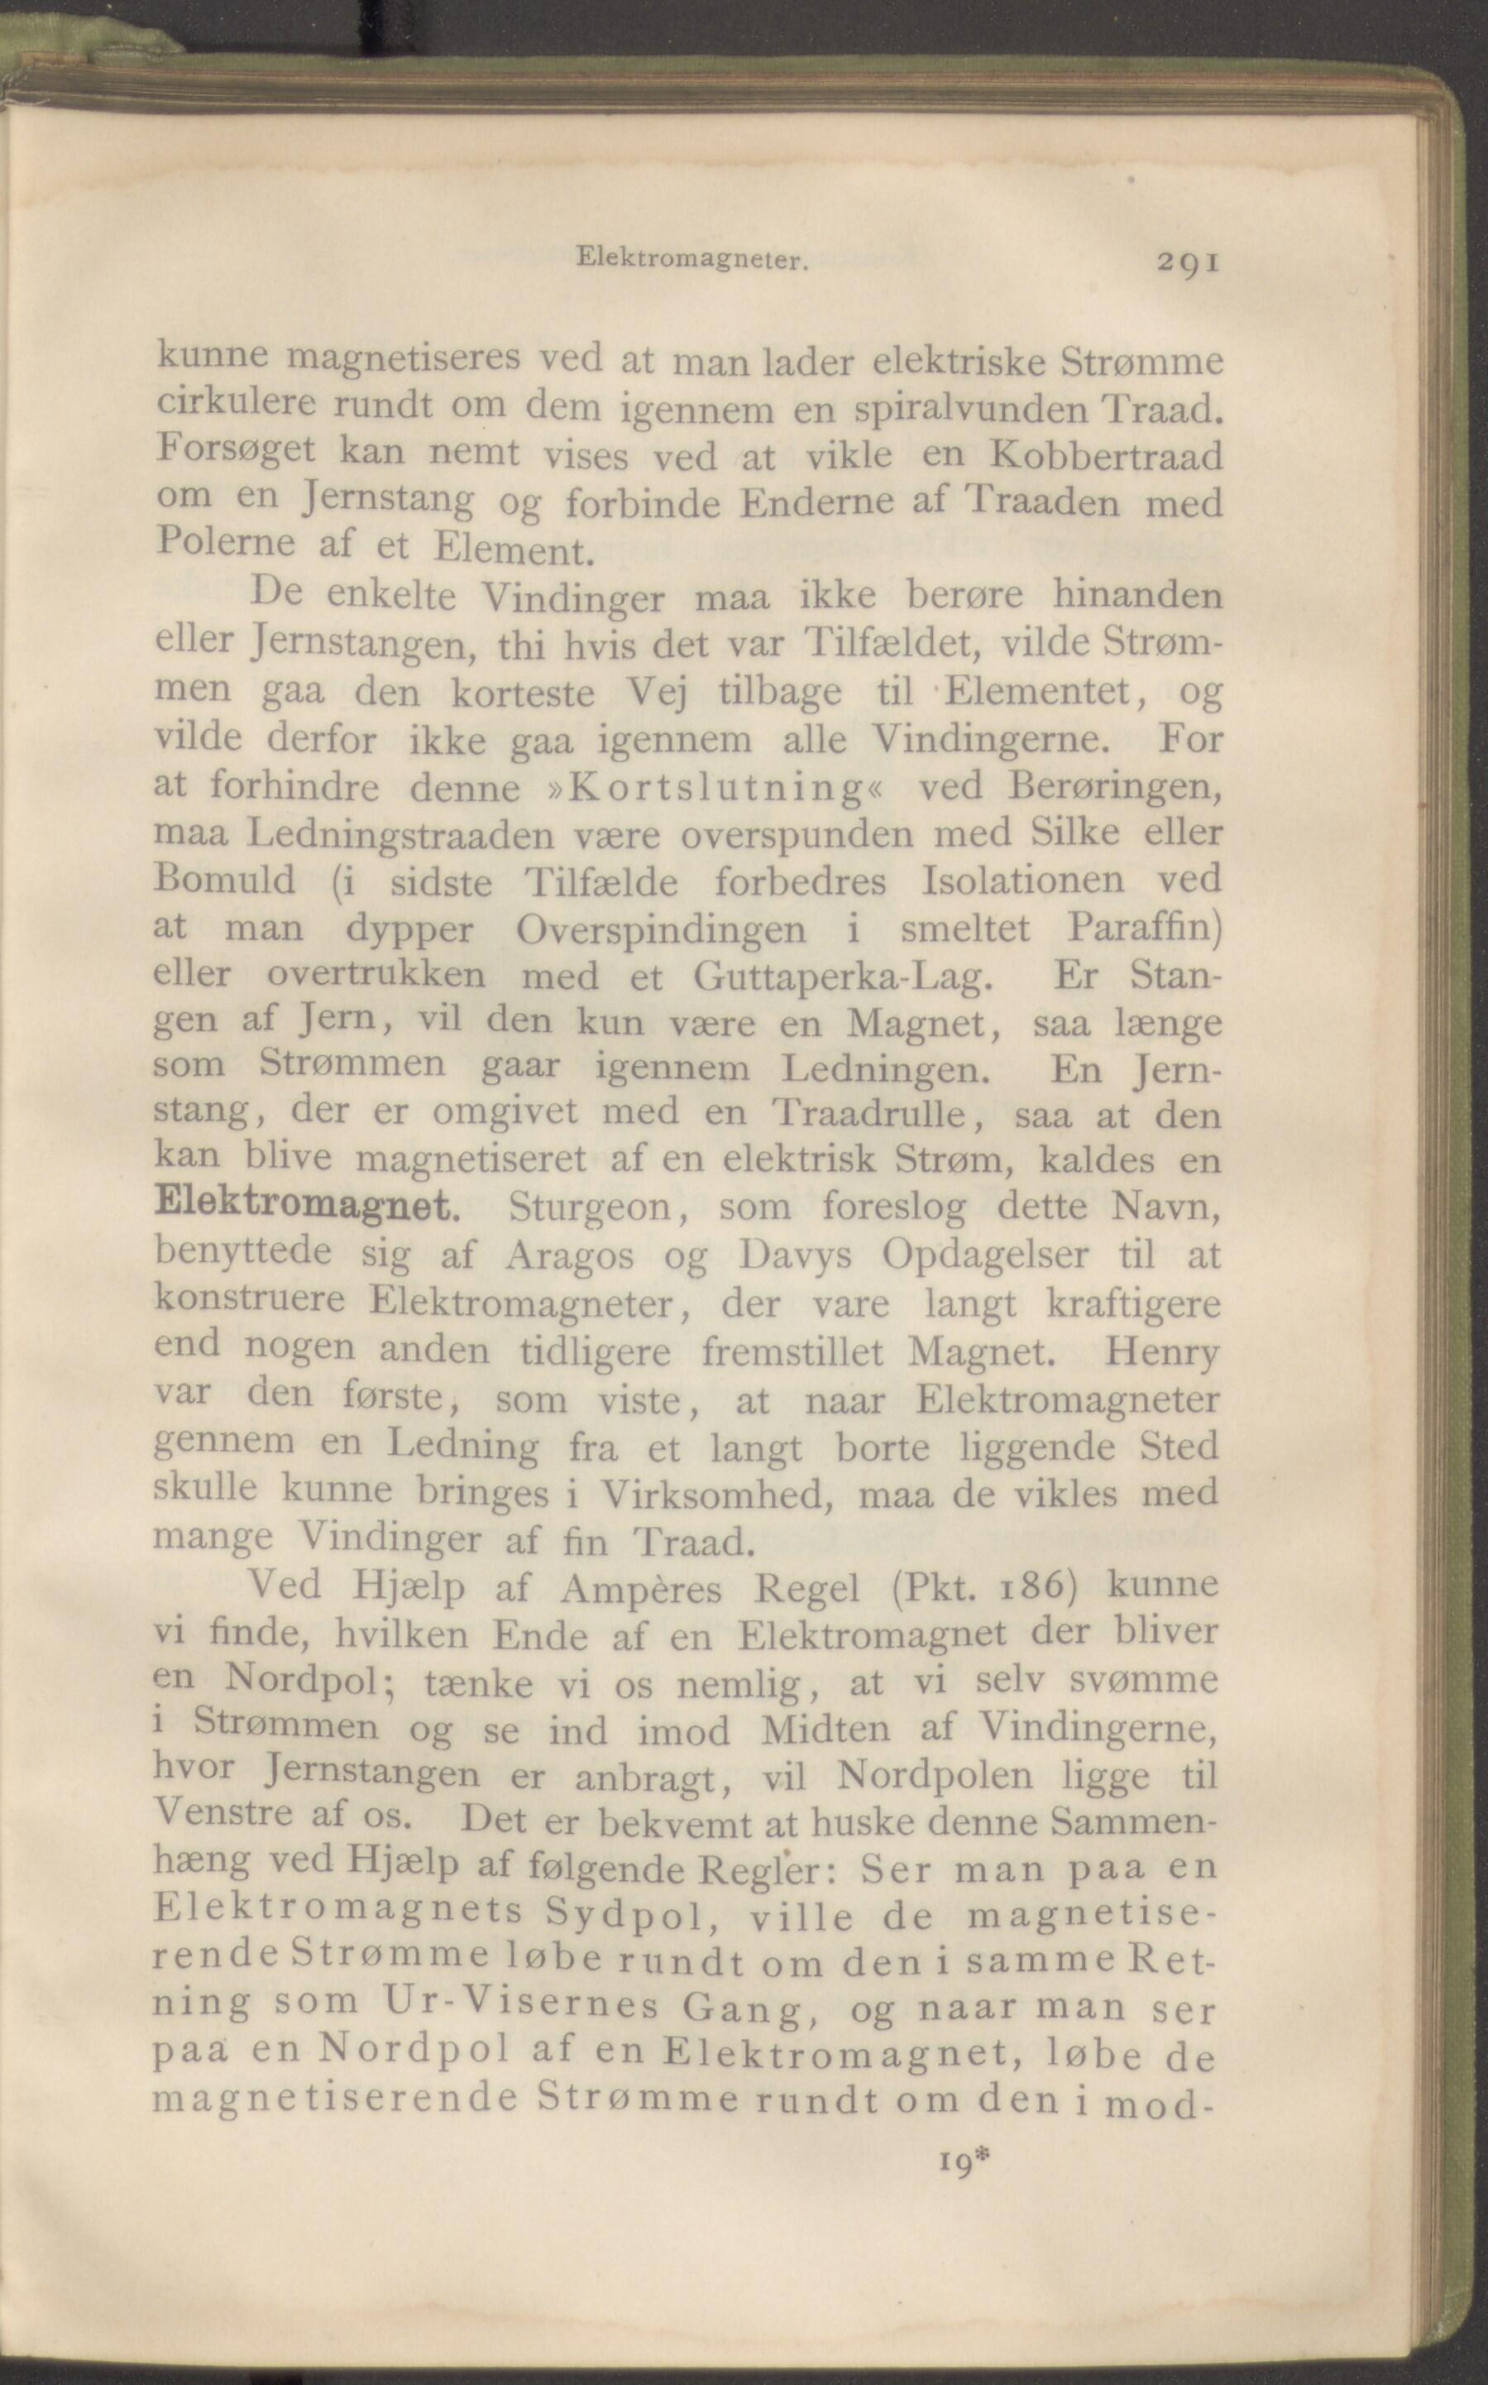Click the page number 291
(x=1189, y=263)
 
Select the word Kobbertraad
(x=1105, y=457)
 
